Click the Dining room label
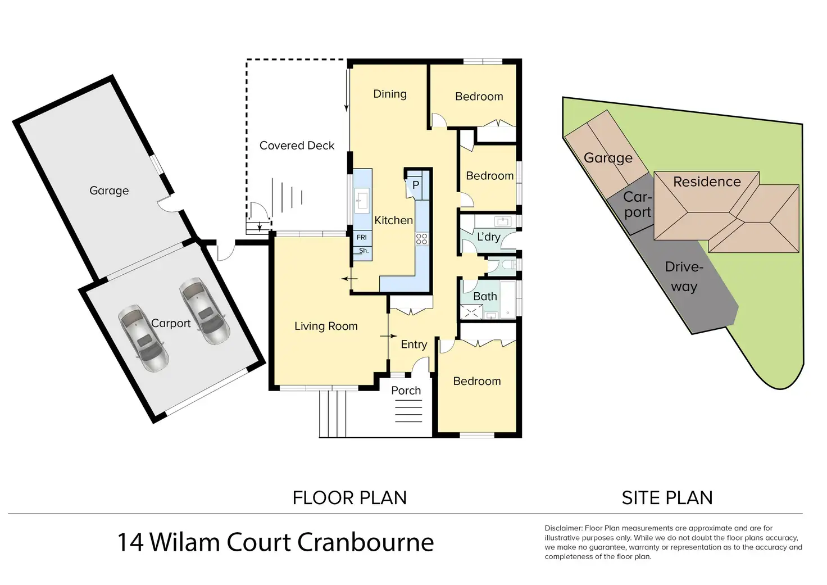(390, 94)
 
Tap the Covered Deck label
(297, 146)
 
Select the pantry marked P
(416, 185)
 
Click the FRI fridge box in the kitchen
(362, 238)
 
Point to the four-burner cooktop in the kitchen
(421, 239)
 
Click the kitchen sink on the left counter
(362, 198)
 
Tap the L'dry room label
(488, 237)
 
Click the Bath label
(485, 296)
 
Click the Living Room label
(326, 326)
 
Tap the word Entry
(414, 344)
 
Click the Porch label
(406, 391)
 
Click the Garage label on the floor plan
(109, 191)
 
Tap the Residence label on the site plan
(707, 182)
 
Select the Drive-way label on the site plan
(684, 276)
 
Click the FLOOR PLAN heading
(349, 498)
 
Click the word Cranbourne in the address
(365, 543)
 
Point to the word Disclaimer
(563, 528)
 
